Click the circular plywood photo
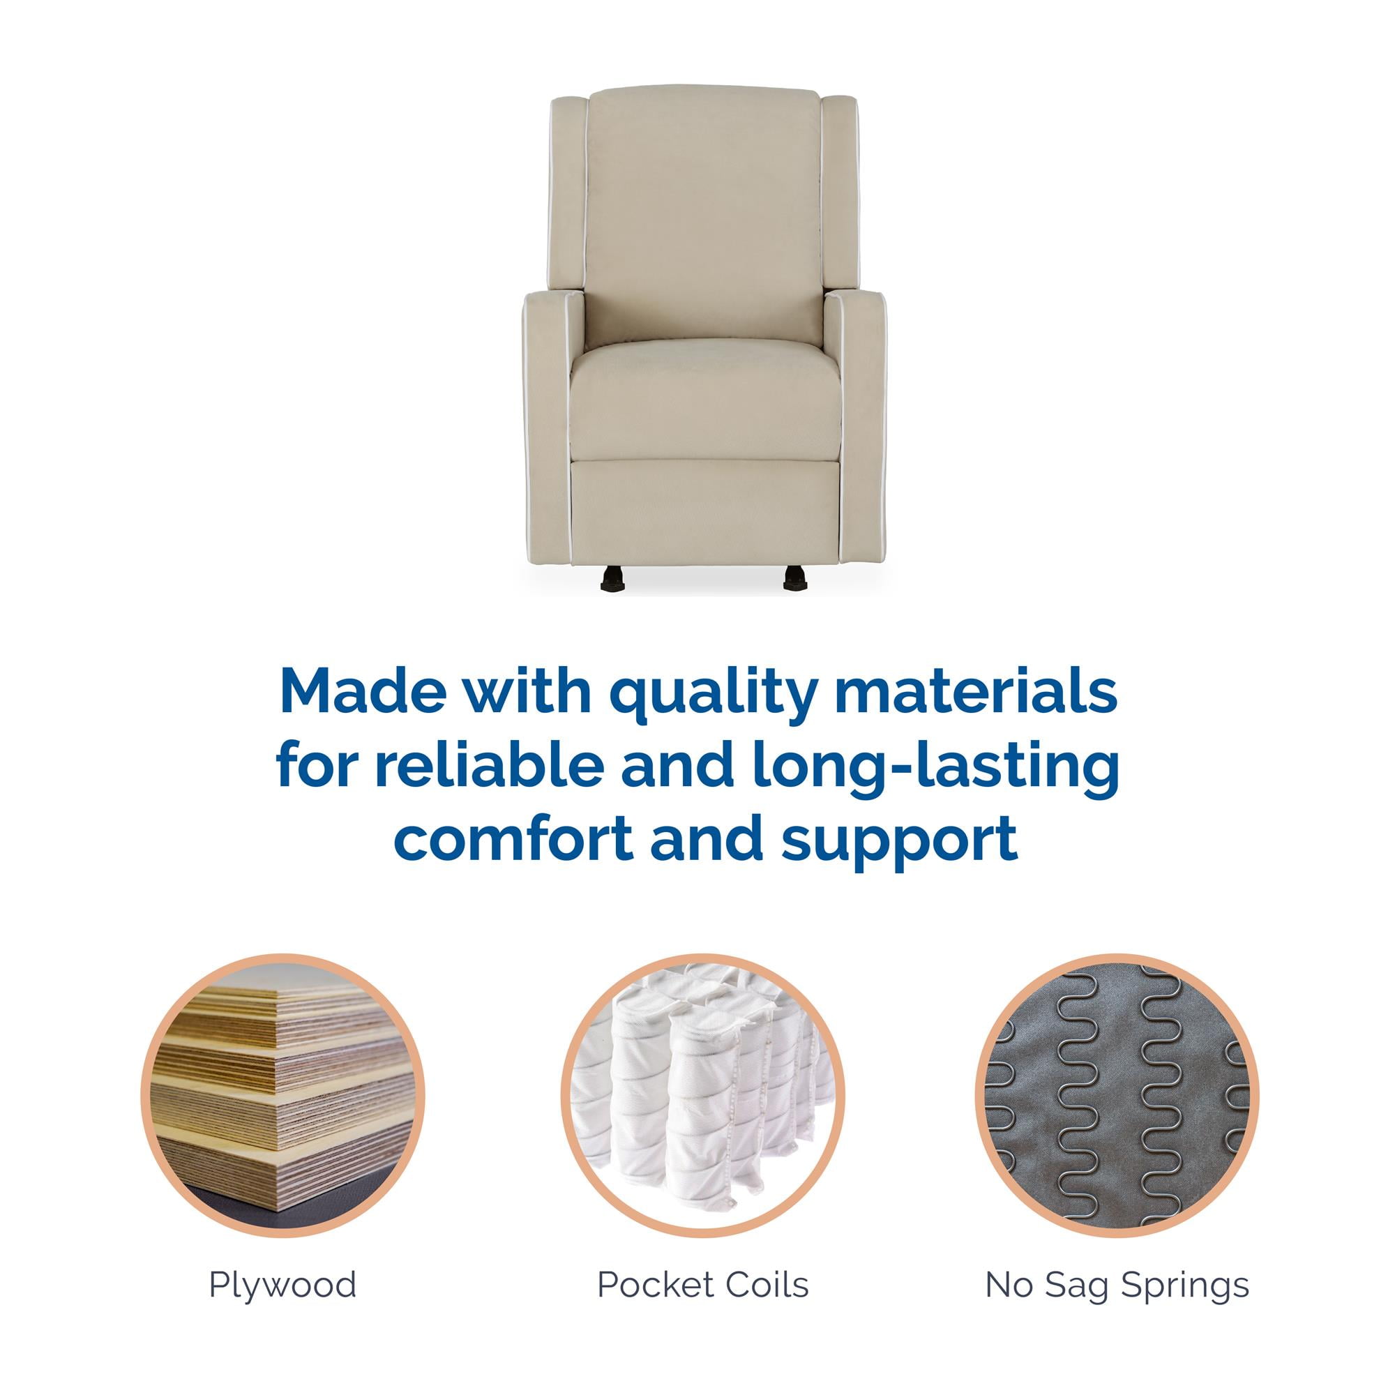[x=283, y=1095]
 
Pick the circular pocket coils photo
[x=703, y=1095]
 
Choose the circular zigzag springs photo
[x=1117, y=1095]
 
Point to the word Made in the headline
[x=365, y=692]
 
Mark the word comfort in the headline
[x=513, y=839]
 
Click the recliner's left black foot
[x=612, y=578]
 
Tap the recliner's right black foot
[x=794, y=578]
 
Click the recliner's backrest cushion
[x=704, y=217]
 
